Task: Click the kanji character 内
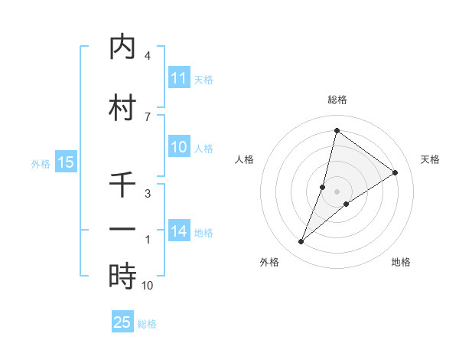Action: point(122,48)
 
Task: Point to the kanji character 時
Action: point(122,277)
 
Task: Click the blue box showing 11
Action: point(179,78)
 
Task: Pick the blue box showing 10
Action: point(179,148)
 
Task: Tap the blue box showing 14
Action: point(179,232)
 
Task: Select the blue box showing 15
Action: point(66,162)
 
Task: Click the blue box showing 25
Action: point(122,322)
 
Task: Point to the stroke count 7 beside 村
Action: point(148,116)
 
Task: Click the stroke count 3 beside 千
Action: point(148,194)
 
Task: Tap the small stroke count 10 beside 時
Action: point(148,286)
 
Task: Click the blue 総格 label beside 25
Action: point(147,324)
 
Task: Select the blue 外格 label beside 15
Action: point(41,163)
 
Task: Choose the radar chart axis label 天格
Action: point(430,159)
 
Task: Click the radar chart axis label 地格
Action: point(401,262)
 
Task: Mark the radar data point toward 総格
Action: point(337,130)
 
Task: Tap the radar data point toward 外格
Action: point(301,242)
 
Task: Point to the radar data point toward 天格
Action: point(395,172)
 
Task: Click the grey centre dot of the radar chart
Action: point(337,191)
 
